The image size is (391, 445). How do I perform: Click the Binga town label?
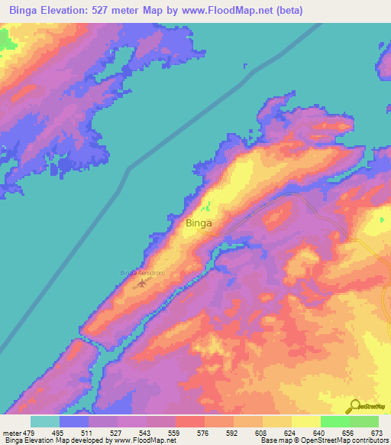click(x=199, y=224)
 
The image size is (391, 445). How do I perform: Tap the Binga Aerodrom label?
click(x=142, y=273)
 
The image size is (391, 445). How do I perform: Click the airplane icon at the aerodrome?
click(x=142, y=283)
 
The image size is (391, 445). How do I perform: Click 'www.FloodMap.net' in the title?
click(x=232, y=11)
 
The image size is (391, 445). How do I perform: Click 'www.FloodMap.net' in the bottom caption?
click(x=145, y=440)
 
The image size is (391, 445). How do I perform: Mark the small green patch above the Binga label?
click(x=208, y=206)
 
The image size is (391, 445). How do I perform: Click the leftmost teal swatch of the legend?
click(x=45, y=421)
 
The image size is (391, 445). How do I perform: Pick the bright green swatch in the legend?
click(x=334, y=421)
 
